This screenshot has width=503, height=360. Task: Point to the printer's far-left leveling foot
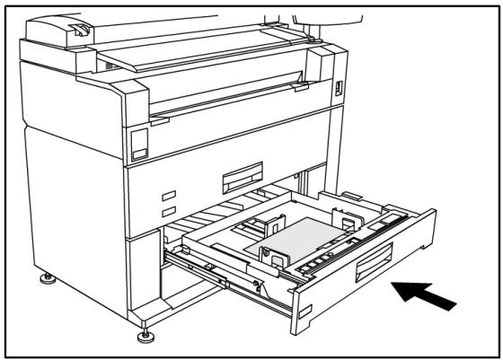47,279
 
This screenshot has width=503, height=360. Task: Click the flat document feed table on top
207,54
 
